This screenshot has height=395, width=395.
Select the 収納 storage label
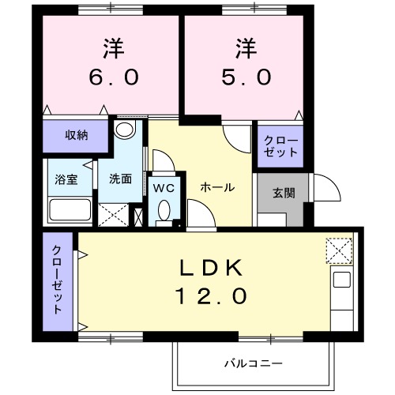(x=77, y=135)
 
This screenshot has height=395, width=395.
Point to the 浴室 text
(x=66, y=179)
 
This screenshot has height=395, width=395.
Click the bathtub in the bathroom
(x=70, y=211)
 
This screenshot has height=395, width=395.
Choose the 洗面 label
(x=120, y=179)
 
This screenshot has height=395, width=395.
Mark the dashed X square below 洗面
(x=114, y=215)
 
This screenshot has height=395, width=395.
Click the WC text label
(x=164, y=188)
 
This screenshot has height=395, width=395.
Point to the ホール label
(x=216, y=188)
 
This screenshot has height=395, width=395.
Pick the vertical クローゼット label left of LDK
(x=58, y=280)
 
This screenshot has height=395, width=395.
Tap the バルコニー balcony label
(x=252, y=363)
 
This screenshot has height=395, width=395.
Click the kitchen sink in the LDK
(x=341, y=279)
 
